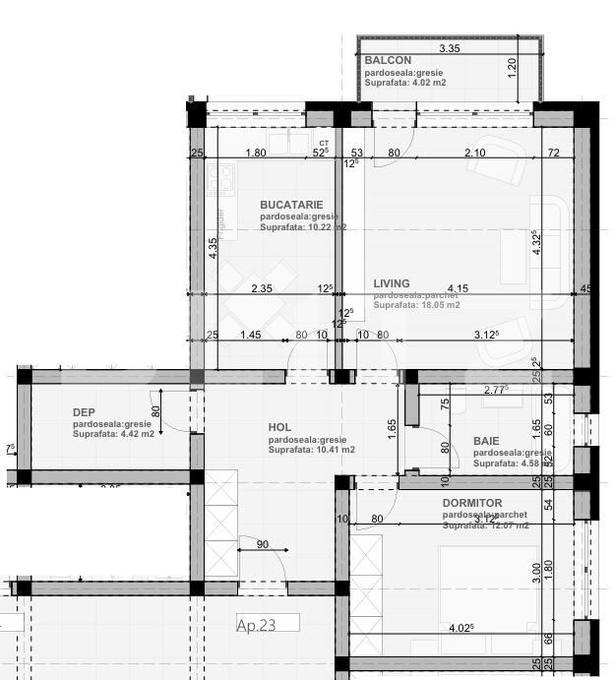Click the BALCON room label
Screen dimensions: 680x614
pos(388,61)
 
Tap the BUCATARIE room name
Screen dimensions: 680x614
pos(292,205)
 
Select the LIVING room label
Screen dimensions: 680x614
pos(392,283)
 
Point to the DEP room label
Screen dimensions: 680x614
pos(84,412)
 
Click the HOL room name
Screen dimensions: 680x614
pos(280,427)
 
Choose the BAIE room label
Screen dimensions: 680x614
pos(486,441)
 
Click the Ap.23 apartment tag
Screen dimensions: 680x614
pos(257,624)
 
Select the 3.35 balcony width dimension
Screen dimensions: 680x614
pos(450,48)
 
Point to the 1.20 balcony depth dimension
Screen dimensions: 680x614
pos(512,68)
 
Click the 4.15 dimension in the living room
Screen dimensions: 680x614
pos(456,288)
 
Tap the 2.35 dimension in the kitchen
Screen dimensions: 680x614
pos(262,288)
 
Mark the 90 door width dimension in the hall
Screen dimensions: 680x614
pos(262,544)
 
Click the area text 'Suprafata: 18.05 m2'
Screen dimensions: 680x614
pos(416,305)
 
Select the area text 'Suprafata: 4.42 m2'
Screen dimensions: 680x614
pos(113,434)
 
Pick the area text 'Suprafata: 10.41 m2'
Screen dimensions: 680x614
pos(312,450)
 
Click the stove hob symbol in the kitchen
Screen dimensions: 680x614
pos(221,179)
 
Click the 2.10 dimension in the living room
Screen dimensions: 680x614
pos(474,153)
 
